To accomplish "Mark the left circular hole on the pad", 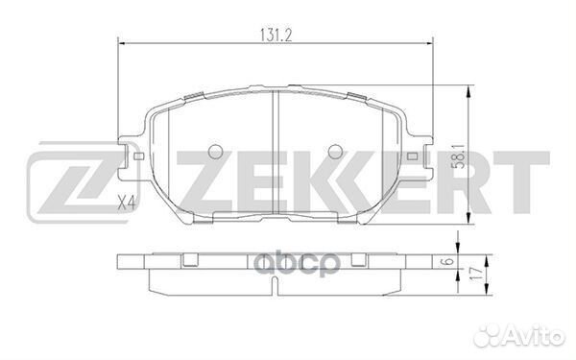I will [x=216, y=151].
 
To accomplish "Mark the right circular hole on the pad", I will [x=335, y=151].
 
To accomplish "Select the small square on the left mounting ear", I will [x=137, y=153].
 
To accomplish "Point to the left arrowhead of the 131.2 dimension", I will [x=121, y=40].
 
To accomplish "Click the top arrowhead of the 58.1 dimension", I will [x=468, y=88].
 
